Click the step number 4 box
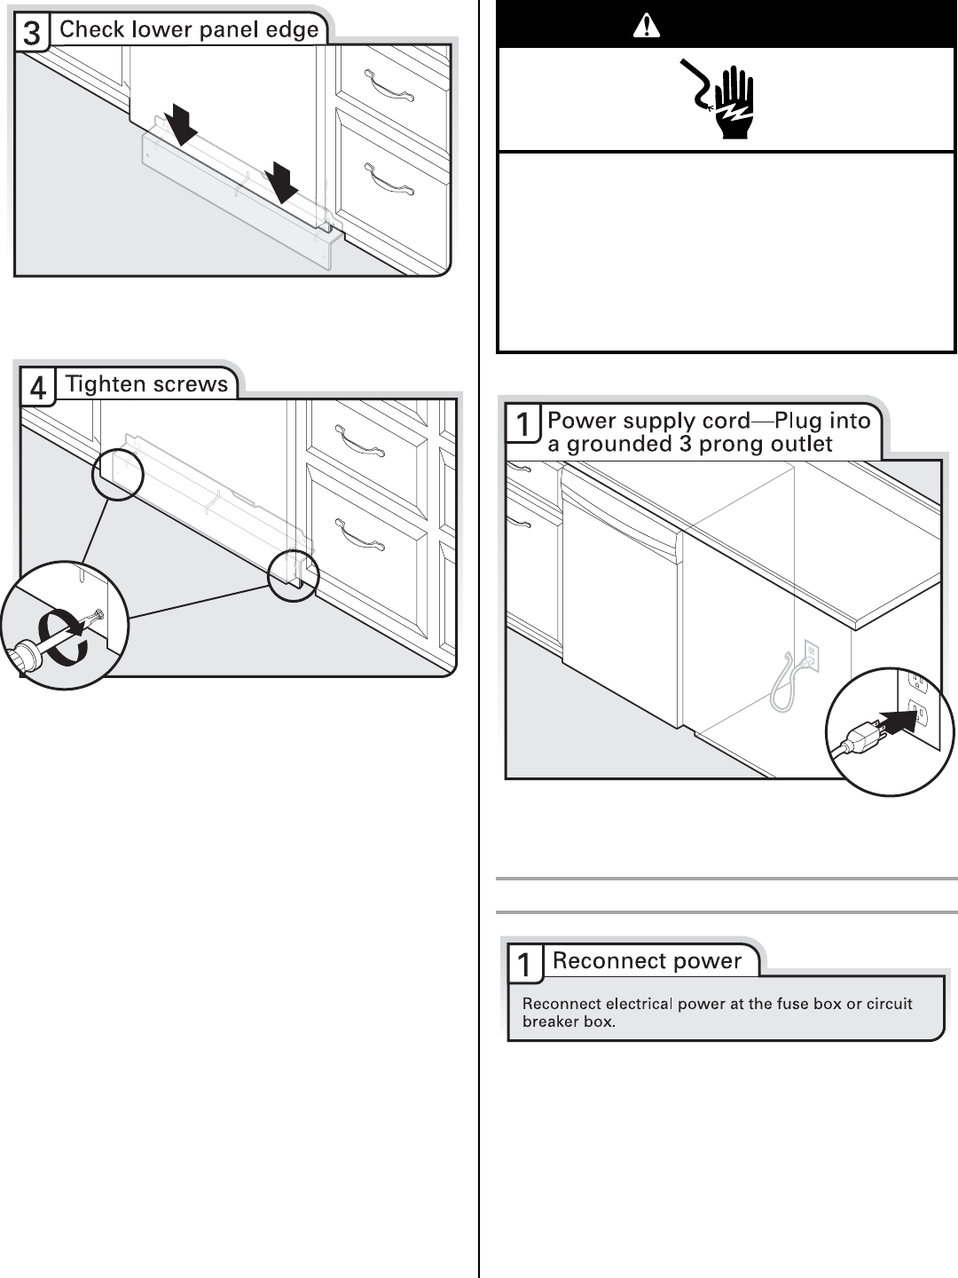[37, 388]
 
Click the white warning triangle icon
[647, 27]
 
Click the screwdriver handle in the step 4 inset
[22, 657]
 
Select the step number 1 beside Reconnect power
[525, 964]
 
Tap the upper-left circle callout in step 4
[118, 474]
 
